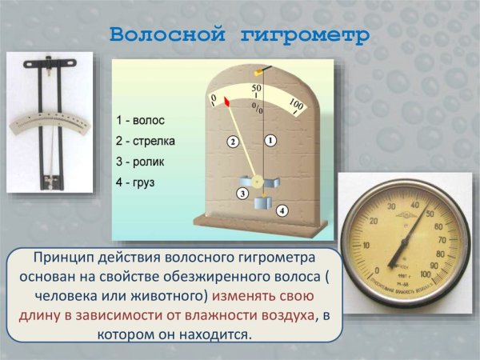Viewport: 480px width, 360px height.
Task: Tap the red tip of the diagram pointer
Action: tap(227, 102)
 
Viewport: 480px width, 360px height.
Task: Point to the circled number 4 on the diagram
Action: tap(282, 210)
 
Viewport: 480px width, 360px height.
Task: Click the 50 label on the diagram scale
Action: tap(257, 87)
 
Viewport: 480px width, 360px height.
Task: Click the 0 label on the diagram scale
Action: tap(213, 98)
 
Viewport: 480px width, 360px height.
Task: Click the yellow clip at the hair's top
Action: tap(258, 73)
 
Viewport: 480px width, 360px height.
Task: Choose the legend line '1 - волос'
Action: tap(140, 120)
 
